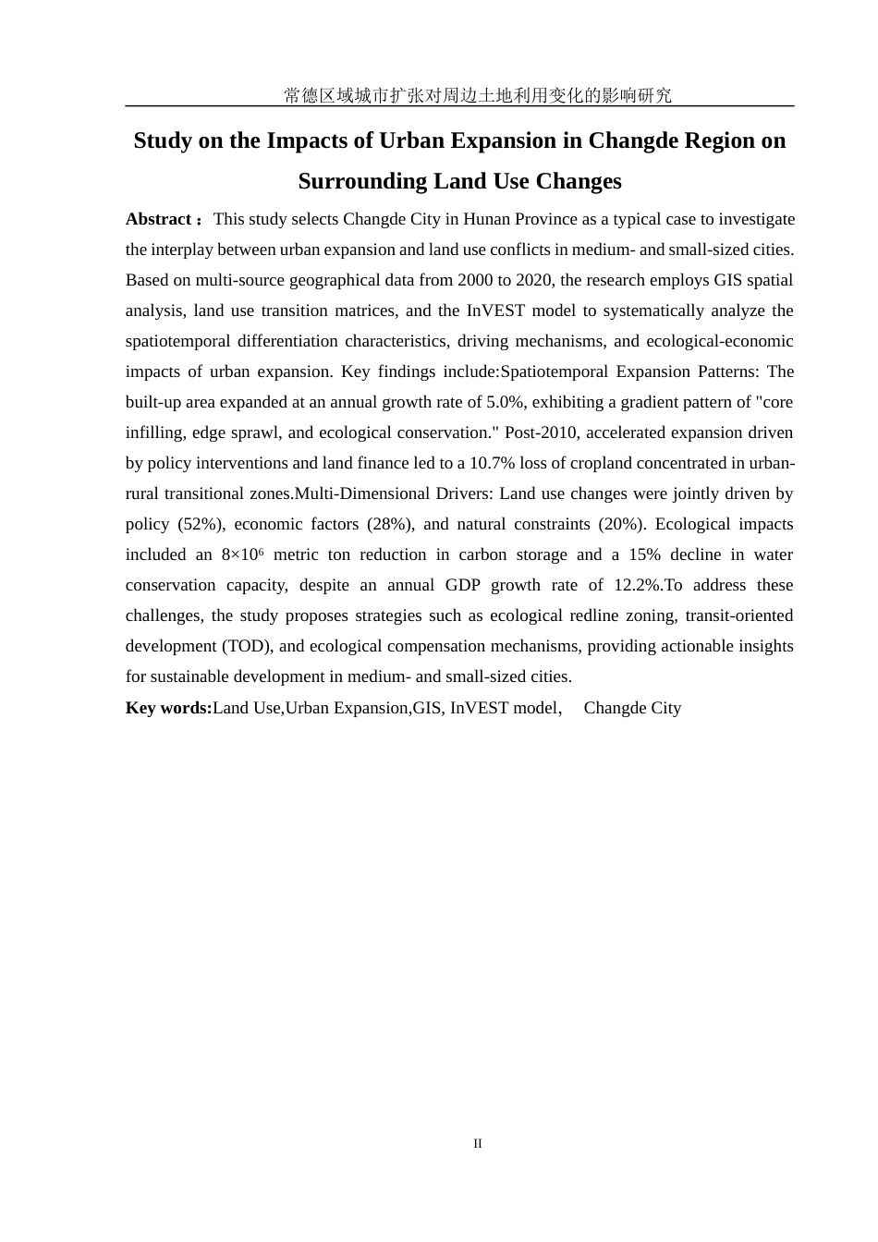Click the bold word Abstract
[x=158, y=219]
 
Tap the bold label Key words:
[x=168, y=708]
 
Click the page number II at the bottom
[x=478, y=1143]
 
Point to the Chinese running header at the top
[x=478, y=95]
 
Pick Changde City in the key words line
[x=632, y=708]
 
